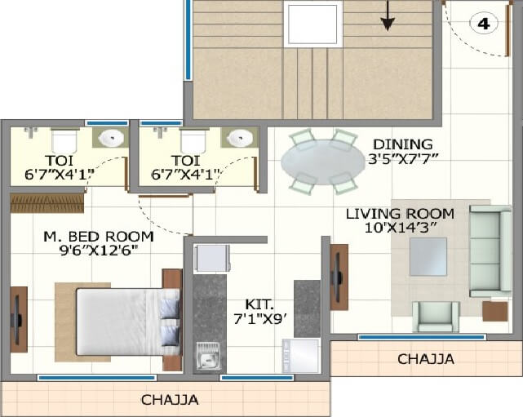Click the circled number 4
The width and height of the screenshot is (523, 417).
(x=484, y=24)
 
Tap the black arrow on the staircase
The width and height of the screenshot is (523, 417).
(x=388, y=16)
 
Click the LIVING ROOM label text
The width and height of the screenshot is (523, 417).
(x=400, y=214)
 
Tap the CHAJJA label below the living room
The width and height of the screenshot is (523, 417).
(x=425, y=359)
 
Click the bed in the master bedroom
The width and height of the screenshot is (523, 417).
(x=126, y=321)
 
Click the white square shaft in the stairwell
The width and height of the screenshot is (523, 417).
(x=311, y=23)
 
